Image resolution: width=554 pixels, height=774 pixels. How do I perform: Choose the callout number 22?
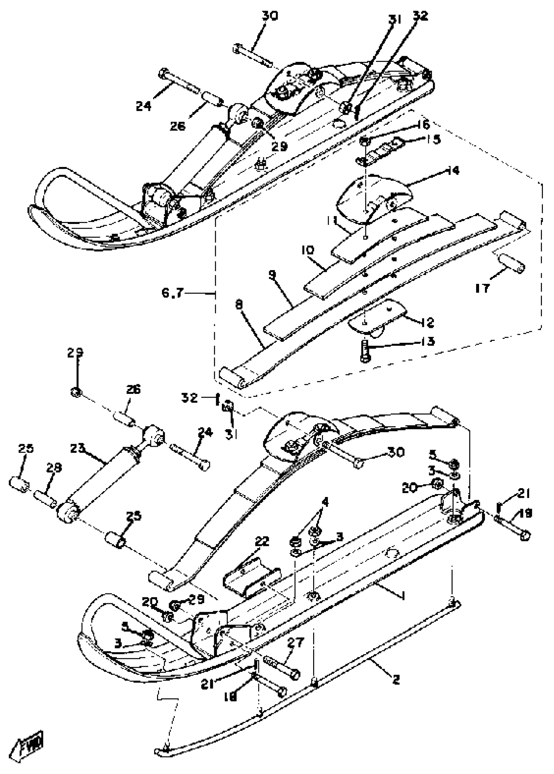tap(262, 541)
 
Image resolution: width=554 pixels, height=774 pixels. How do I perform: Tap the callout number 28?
tap(54, 468)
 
